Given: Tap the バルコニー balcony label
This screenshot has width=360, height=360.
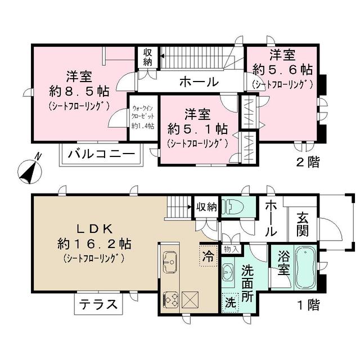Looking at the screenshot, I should (x=101, y=154).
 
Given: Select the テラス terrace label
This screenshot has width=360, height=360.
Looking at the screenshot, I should (x=98, y=305).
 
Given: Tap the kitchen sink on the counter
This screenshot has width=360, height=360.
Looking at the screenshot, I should (x=170, y=260).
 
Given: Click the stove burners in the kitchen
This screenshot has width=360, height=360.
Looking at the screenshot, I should (x=170, y=299).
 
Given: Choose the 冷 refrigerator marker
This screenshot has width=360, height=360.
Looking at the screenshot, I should (x=208, y=256).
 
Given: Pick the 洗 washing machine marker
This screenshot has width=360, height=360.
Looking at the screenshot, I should (x=229, y=301).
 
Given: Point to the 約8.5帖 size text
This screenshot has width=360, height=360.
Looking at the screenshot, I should (x=79, y=91).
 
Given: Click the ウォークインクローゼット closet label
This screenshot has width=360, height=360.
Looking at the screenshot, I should (x=143, y=115).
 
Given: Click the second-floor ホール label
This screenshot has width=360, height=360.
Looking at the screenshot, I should (x=199, y=82).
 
